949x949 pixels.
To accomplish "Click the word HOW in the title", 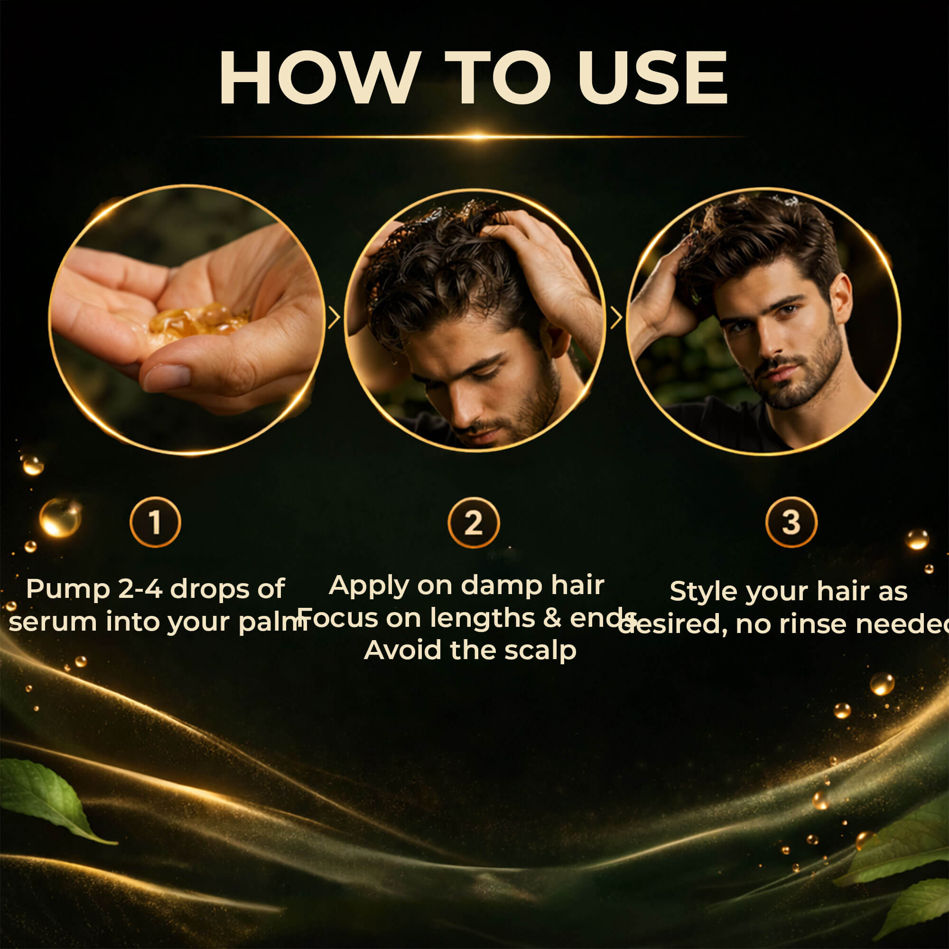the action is tap(320, 78).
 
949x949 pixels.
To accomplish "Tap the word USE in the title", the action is tap(653, 78).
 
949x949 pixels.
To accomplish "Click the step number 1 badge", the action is tap(155, 522).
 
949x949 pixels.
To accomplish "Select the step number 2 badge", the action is tap(474, 522).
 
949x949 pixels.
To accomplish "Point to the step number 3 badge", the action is tap(791, 522).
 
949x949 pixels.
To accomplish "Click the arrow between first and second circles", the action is tap(334, 318).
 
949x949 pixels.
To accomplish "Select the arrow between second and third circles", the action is tap(616, 318).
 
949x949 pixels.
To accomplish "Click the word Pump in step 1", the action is tap(68, 590).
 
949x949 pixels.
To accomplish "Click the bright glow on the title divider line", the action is tap(477, 136).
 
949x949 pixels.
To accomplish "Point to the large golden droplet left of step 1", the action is tap(60, 518).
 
